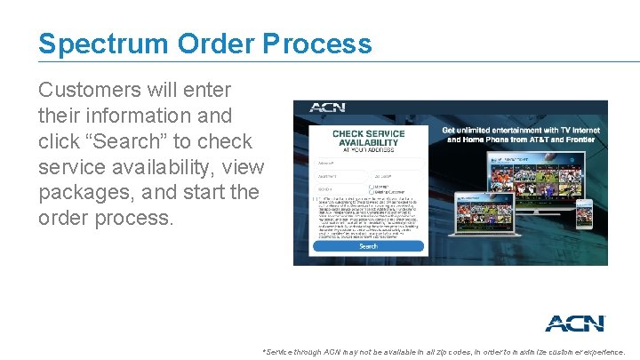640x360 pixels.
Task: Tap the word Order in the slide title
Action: click(x=210, y=44)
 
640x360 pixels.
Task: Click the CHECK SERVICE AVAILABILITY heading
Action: click(x=368, y=140)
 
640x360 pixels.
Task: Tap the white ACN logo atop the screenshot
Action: click(x=326, y=108)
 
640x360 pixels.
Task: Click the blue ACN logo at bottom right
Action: click(x=574, y=323)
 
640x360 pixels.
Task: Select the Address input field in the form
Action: click(x=368, y=163)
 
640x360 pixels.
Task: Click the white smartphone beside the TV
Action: click(x=583, y=213)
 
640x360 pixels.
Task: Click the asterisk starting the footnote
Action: click(x=264, y=351)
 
